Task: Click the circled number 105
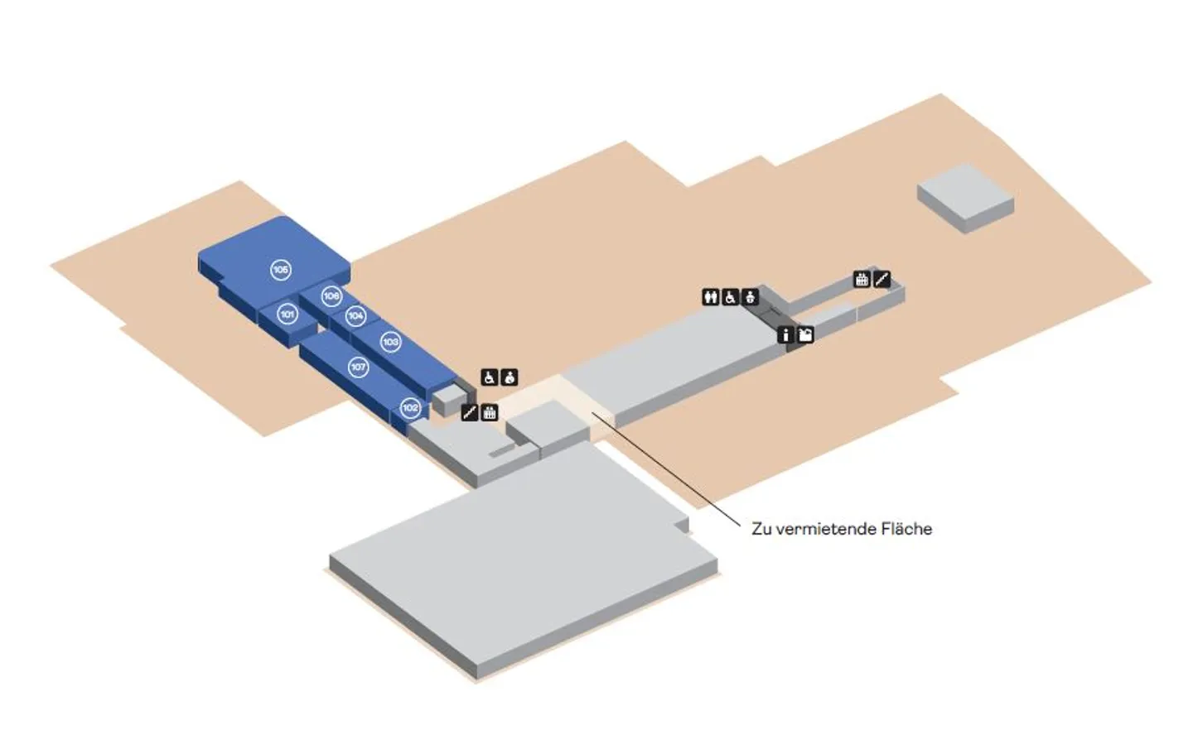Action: pos(281,269)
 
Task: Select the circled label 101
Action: pos(287,315)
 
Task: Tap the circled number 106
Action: pos(331,295)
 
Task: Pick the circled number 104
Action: pos(355,315)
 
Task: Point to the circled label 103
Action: pos(390,341)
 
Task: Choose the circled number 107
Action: pos(358,367)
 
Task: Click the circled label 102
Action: pos(410,407)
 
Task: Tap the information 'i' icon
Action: pos(785,334)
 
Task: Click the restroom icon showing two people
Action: pos(710,296)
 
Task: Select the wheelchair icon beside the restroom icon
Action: pos(730,296)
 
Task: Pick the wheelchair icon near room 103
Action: pos(490,377)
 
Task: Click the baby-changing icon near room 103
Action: pos(510,377)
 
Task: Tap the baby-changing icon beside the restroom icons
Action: pos(750,296)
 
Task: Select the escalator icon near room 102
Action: pos(470,411)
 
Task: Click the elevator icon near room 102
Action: pos(490,411)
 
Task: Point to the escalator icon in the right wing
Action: pos(881,279)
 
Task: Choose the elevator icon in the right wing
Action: pos(862,279)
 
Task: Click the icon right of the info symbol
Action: pos(804,334)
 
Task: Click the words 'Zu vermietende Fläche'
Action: pos(842,528)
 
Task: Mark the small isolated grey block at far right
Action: pos(965,196)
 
